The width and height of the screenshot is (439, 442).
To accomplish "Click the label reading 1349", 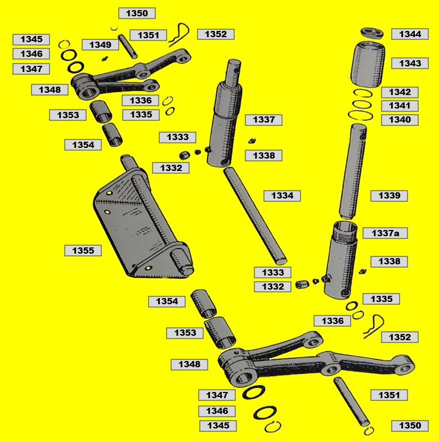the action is (x=100, y=45).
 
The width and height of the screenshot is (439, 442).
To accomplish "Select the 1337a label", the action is (x=385, y=233).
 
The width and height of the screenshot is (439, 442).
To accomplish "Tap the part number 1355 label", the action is (x=83, y=251).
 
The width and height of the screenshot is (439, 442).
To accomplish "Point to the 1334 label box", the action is (x=282, y=196).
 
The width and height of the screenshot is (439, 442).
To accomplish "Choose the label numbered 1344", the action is (x=410, y=34).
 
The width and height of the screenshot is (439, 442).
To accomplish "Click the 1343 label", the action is (x=410, y=63).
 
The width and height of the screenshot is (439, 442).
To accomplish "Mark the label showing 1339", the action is (x=389, y=196).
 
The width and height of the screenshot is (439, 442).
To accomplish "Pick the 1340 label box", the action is (x=400, y=120).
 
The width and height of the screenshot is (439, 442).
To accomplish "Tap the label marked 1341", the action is (x=400, y=106).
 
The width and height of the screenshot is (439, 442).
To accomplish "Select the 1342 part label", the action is (x=400, y=92).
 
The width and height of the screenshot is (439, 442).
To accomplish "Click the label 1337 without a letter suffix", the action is (x=263, y=120).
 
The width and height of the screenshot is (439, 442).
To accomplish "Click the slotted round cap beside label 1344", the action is (x=372, y=33).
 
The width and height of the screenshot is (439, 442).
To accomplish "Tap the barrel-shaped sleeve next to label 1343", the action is (x=368, y=65).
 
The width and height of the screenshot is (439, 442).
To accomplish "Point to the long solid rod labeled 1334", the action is (x=256, y=215).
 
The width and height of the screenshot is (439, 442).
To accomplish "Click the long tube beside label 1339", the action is (x=353, y=172).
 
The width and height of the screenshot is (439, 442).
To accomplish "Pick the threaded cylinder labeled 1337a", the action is (x=341, y=259).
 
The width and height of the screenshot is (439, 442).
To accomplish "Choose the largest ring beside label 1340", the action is (x=360, y=115).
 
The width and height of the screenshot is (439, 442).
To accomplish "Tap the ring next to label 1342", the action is (x=363, y=93).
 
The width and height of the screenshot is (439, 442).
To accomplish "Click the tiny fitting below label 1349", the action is (x=105, y=58).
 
